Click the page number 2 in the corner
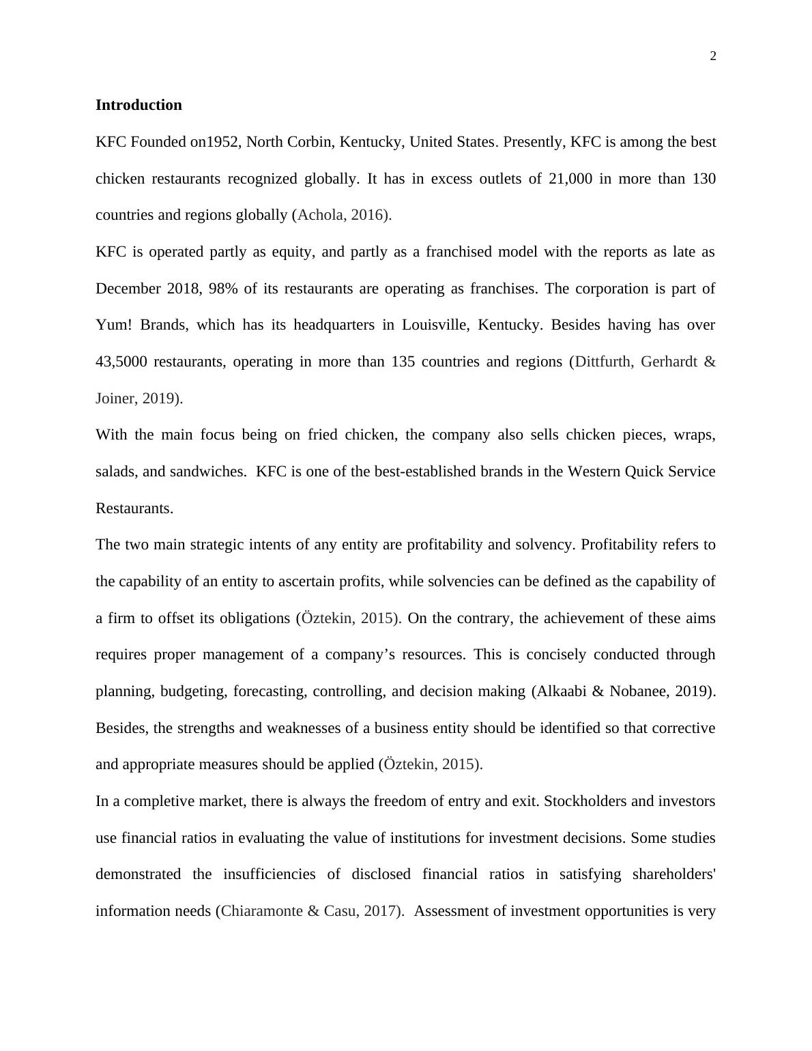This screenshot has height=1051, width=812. pyautogui.click(x=713, y=57)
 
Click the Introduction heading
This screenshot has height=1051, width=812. pyautogui.click(x=139, y=105)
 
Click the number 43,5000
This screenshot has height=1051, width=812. pyautogui.click(x=121, y=362)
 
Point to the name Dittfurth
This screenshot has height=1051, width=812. pyautogui.click(x=603, y=362)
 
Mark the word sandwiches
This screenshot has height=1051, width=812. pyautogui.click(x=209, y=472)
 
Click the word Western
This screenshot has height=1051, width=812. pyautogui.click(x=594, y=472)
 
